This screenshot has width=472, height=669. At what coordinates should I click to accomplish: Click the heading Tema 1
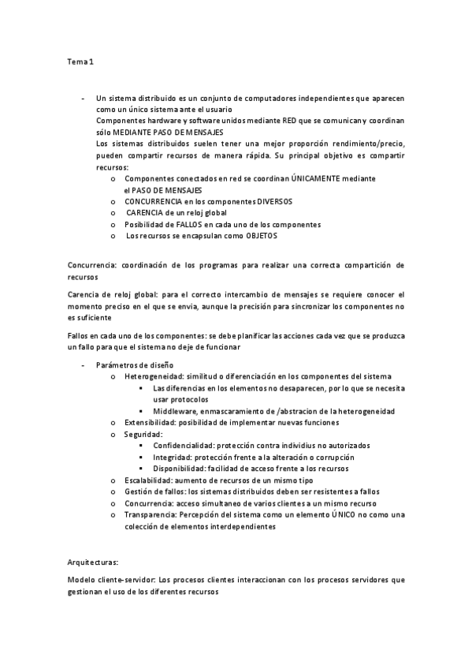[x=80, y=61]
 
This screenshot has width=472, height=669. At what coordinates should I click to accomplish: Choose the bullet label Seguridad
[x=143, y=435]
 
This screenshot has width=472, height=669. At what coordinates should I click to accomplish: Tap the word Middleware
[x=177, y=411]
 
